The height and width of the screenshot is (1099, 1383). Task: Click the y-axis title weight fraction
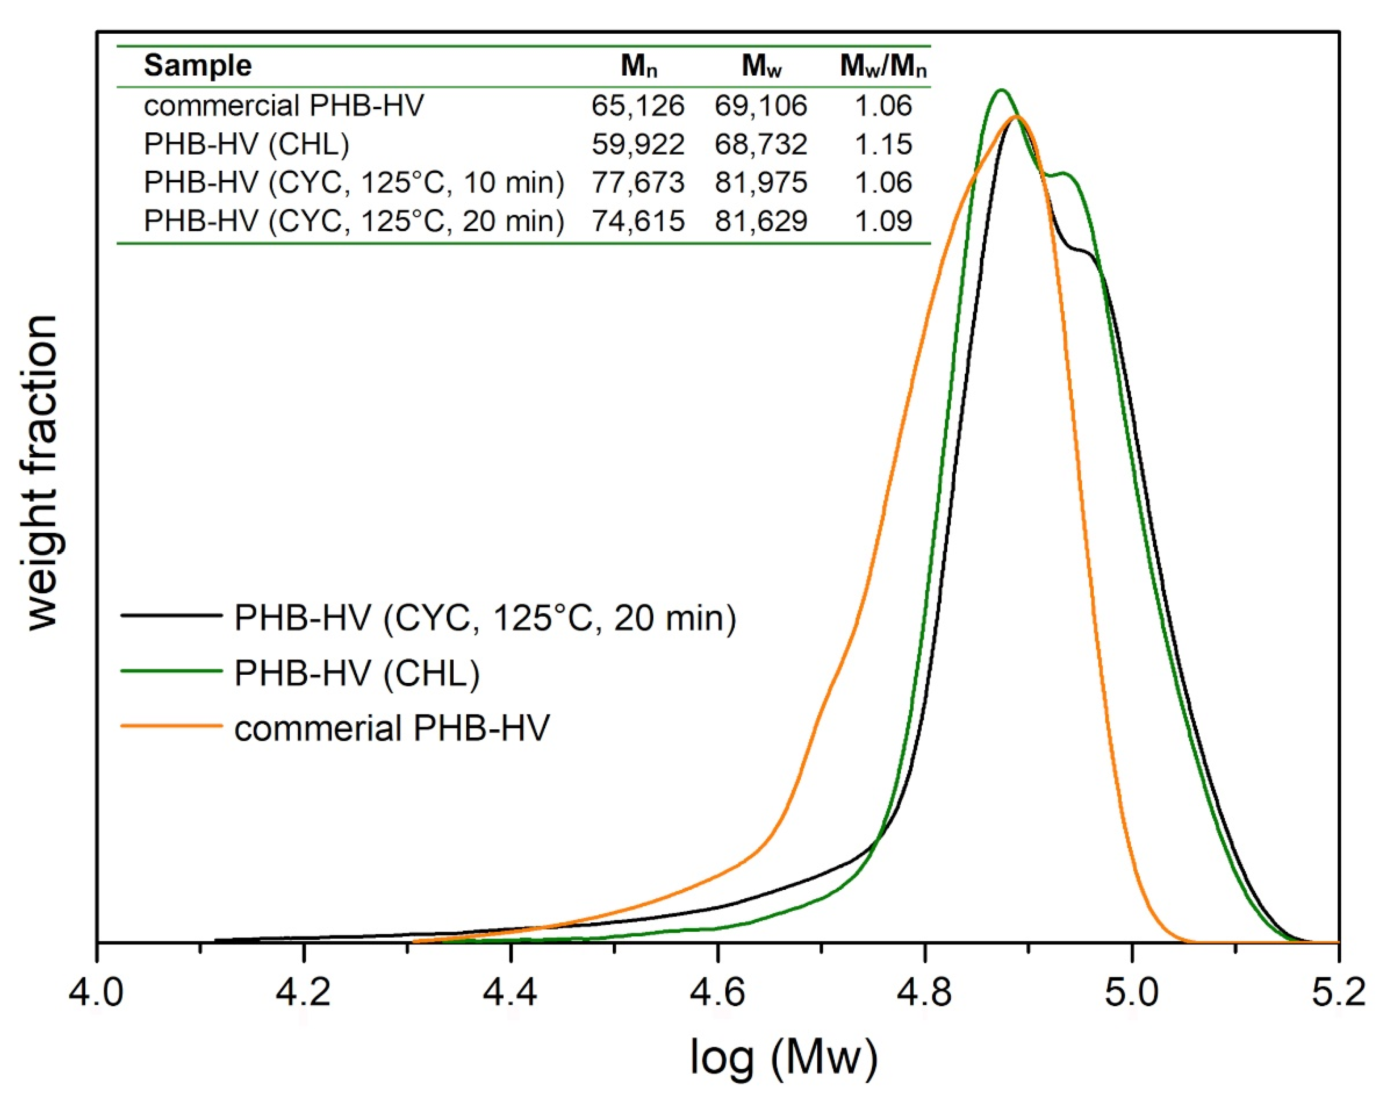(43, 473)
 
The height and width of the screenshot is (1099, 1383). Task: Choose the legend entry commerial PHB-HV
(392, 728)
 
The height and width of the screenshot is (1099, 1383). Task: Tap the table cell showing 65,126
(638, 106)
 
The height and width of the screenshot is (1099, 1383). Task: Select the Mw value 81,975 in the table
(761, 183)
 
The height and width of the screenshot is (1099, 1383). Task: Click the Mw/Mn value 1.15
(883, 144)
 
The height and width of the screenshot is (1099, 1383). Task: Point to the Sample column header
(198, 65)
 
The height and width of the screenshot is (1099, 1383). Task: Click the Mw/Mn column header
(883, 65)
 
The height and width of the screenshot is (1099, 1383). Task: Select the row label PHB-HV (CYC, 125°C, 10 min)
(353, 183)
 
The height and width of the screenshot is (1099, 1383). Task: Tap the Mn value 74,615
(638, 222)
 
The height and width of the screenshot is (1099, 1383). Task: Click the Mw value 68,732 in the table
(761, 144)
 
